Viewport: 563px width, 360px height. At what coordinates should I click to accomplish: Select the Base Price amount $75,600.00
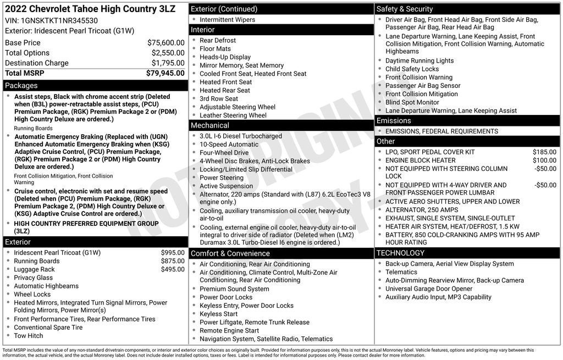pos(165,43)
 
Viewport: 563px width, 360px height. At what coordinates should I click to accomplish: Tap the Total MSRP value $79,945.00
pos(165,73)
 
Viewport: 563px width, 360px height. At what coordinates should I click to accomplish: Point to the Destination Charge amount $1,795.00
pos(168,63)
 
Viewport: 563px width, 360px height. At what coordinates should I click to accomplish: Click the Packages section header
pos(21,86)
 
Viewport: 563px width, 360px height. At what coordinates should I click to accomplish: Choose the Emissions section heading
pos(394,121)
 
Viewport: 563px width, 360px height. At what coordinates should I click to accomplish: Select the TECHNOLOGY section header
pos(400,253)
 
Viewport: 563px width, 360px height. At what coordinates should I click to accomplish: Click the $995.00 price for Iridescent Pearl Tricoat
pos(173,253)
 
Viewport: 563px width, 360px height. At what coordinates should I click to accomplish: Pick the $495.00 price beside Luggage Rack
pos(173,269)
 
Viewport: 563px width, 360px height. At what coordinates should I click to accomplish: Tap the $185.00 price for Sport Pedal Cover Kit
pos(544,152)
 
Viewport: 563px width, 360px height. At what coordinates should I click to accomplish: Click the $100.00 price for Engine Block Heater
pos(544,160)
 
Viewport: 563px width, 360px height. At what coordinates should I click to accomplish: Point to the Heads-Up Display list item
pos(225,57)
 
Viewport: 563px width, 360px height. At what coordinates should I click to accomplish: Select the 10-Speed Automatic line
pos(229,145)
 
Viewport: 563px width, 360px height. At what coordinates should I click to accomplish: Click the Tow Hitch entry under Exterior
pos(29,336)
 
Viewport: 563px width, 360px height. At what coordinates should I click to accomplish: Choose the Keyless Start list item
pos(218,314)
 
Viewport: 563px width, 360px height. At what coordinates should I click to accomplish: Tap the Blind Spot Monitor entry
pos(412,102)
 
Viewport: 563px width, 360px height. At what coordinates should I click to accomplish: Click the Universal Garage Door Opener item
pos(429,289)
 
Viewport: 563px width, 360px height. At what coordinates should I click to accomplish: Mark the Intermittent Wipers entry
pos(227,20)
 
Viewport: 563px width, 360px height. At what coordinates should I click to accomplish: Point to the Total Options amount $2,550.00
pos(168,53)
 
